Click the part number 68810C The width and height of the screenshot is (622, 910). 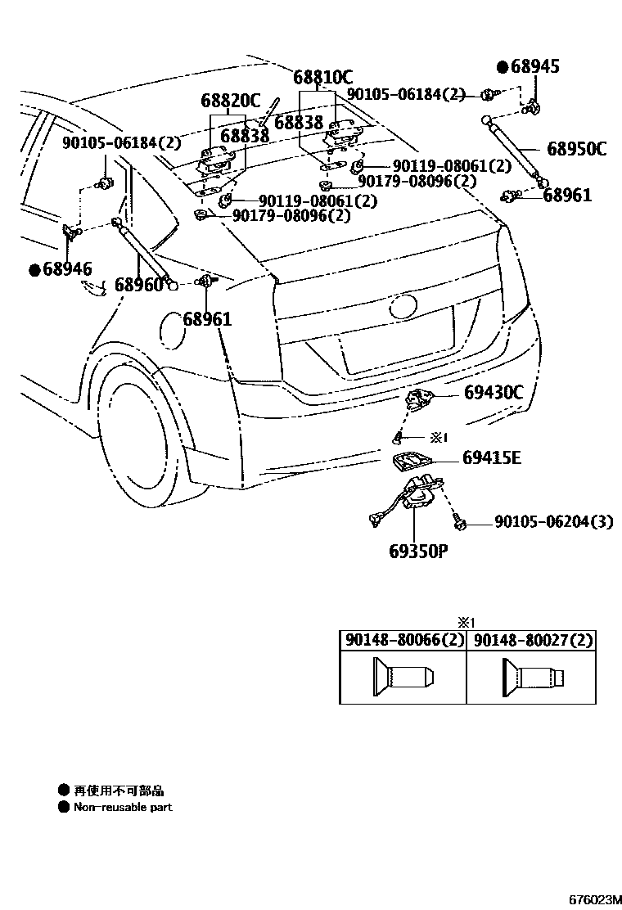coord(323,78)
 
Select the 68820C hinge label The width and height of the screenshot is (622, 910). coord(230,101)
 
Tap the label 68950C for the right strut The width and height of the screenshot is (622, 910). coord(576,149)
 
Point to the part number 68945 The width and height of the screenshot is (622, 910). coord(535,66)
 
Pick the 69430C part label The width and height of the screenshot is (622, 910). coord(493,393)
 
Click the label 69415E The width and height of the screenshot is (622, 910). coord(491,457)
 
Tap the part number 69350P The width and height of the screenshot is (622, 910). coord(418,551)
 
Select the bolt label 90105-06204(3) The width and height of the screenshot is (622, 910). coord(553,522)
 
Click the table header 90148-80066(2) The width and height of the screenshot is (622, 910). coord(403,640)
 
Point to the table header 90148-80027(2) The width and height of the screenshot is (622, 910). coord(532,640)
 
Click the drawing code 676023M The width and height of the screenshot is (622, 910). coord(590,900)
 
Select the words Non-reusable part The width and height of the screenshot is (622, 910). coord(123,807)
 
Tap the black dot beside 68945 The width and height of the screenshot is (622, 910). coord(503,66)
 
